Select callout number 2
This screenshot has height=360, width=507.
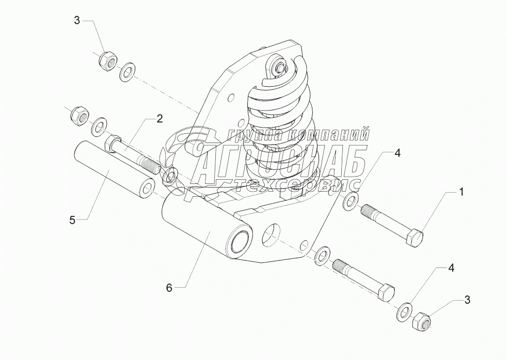(160, 119)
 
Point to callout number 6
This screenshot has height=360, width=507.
(169, 288)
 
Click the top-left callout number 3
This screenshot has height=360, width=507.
(76, 20)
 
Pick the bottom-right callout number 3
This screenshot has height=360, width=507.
(467, 300)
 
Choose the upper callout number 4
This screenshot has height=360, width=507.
(398, 153)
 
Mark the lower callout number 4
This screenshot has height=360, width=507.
(451, 268)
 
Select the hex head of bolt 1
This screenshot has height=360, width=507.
(414, 238)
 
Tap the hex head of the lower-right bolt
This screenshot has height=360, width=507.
(386, 293)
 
